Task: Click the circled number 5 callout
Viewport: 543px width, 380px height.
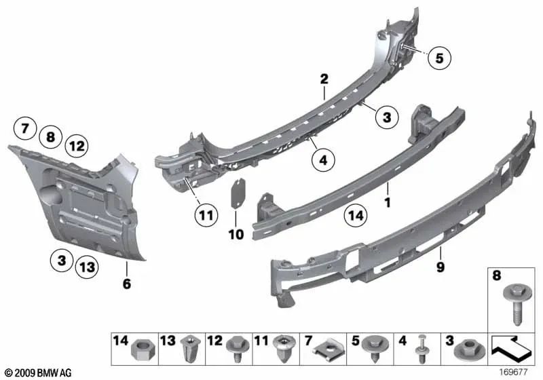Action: (x=439, y=59)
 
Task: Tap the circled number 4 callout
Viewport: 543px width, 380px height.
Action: (x=324, y=161)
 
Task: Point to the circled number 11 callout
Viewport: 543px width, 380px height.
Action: (x=206, y=216)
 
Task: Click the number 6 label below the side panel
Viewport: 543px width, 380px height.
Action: (x=126, y=284)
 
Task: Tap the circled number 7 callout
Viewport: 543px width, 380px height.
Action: (x=24, y=127)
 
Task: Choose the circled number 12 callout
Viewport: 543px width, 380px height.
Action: (x=77, y=145)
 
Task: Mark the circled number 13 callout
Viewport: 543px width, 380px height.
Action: (x=86, y=267)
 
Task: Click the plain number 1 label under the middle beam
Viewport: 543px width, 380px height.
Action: (x=388, y=202)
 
